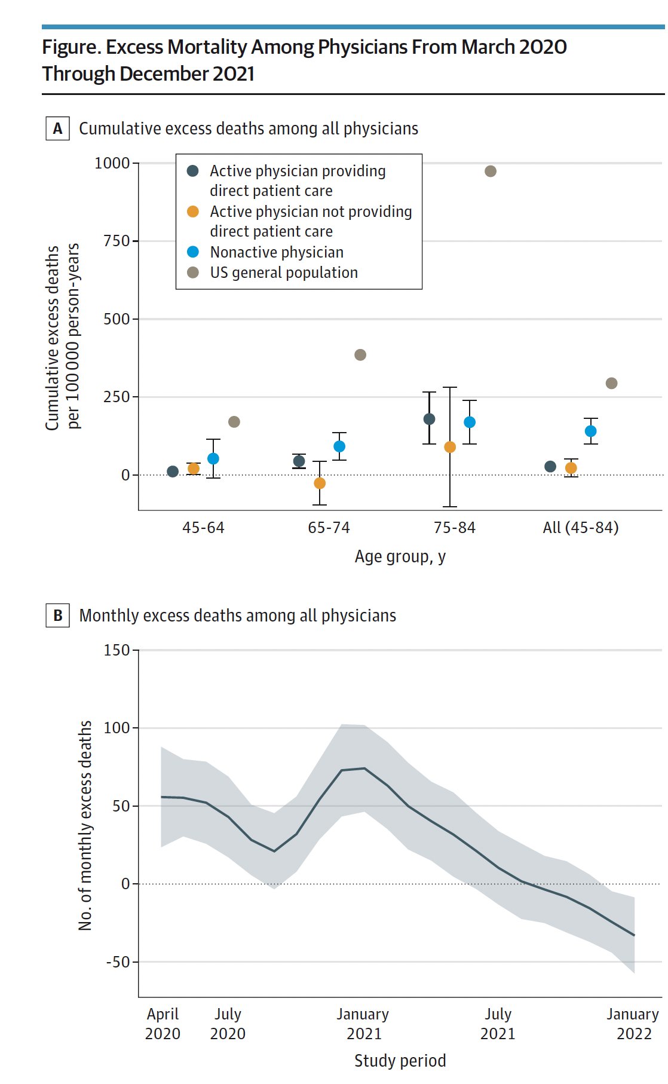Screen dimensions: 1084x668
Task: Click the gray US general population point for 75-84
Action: tap(491, 172)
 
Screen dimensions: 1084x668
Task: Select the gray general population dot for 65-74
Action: tap(360, 355)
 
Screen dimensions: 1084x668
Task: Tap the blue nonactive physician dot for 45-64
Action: tap(213, 459)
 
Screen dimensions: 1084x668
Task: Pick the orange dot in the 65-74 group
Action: tap(320, 483)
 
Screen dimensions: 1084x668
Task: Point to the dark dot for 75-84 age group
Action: tap(429, 419)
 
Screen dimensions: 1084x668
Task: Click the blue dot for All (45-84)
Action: tap(591, 431)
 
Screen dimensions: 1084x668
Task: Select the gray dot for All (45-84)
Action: tap(611, 383)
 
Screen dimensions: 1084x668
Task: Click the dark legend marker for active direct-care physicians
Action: tap(193, 171)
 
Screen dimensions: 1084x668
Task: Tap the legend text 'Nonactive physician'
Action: tap(277, 252)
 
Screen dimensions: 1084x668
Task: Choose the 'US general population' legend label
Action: tap(284, 272)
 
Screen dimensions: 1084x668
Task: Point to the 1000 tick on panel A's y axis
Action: tap(112, 163)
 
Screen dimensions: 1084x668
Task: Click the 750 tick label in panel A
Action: tap(117, 241)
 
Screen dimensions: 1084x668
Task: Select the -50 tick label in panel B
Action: tap(118, 962)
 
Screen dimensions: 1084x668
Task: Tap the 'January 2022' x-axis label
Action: tap(633, 1024)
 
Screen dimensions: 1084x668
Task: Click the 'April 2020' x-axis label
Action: tap(163, 1024)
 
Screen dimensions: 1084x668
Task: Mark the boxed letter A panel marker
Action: tap(58, 128)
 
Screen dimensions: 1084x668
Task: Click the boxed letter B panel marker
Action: tap(58, 616)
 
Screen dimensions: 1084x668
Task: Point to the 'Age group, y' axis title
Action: tap(400, 557)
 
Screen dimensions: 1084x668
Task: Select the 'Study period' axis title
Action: tap(400, 1061)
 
